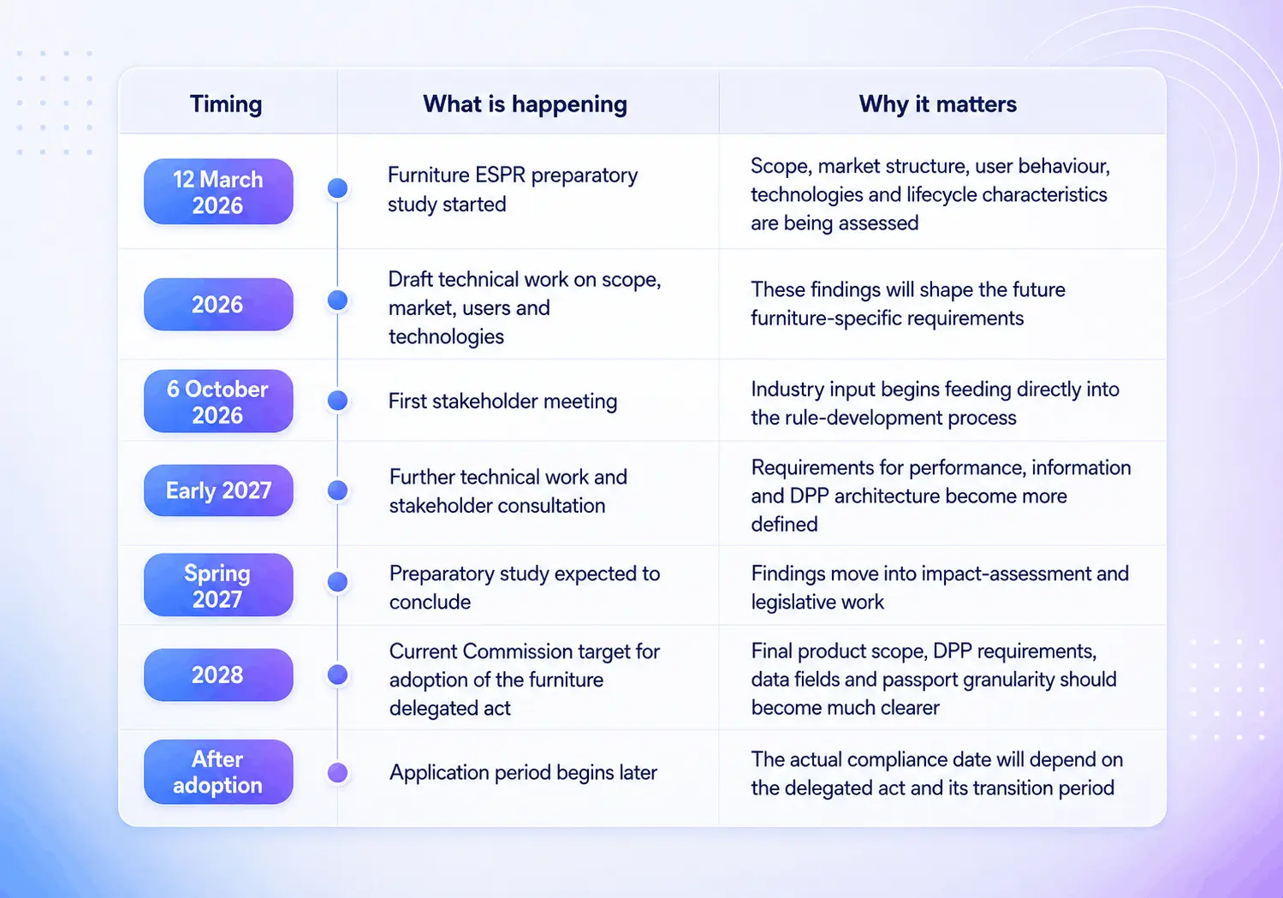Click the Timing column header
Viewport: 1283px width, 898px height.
pos(226,104)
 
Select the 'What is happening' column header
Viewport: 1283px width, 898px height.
pos(525,104)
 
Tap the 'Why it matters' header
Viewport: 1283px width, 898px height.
pos(937,104)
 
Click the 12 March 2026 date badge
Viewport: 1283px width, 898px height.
pos(218,192)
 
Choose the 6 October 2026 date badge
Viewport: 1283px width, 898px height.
pos(218,401)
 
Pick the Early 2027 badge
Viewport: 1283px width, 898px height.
pos(218,491)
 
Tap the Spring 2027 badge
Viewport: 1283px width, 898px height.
pos(218,585)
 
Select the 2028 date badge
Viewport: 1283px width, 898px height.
pos(218,675)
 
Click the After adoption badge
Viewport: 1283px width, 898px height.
pos(218,771)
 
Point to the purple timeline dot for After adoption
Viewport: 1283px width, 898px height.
pos(337,772)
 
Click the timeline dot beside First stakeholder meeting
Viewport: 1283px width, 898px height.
pos(337,401)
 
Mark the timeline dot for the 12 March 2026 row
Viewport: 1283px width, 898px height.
pos(337,187)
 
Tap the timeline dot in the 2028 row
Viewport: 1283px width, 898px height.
pos(337,675)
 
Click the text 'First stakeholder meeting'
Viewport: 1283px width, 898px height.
pos(503,401)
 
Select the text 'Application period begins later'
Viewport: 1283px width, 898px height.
pos(523,772)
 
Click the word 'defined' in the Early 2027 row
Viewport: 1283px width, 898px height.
pos(784,524)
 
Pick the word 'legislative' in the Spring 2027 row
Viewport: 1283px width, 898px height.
pos(801,602)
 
